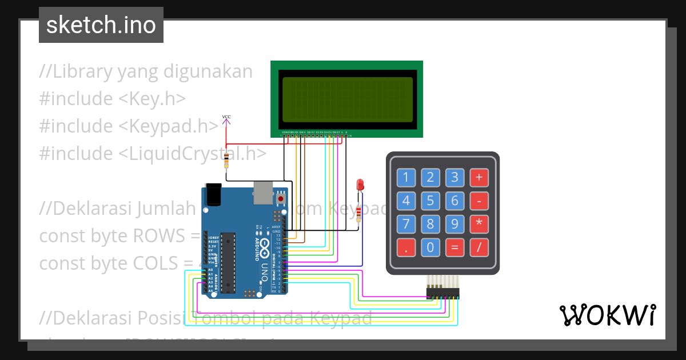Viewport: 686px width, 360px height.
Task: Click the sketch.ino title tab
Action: pos(101,25)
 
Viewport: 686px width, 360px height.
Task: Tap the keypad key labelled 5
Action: pos(430,201)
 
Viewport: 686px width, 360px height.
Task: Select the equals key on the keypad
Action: pos(455,247)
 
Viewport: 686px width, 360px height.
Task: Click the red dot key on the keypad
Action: pos(406,247)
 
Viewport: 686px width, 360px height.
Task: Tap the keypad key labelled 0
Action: pos(430,247)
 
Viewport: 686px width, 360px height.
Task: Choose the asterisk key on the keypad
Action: pos(479,224)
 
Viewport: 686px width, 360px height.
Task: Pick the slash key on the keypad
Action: pos(479,247)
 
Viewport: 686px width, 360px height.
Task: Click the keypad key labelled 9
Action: pos(455,224)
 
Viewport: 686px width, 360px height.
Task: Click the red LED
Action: pos(360,185)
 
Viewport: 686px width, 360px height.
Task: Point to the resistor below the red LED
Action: pos(359,214)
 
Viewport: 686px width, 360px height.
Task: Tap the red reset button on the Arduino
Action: pos(281,198)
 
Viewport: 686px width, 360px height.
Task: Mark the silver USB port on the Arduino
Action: pos(263,193)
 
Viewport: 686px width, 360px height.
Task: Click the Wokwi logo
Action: pos(607,315)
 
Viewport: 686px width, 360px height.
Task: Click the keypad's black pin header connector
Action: pos(442,293)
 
